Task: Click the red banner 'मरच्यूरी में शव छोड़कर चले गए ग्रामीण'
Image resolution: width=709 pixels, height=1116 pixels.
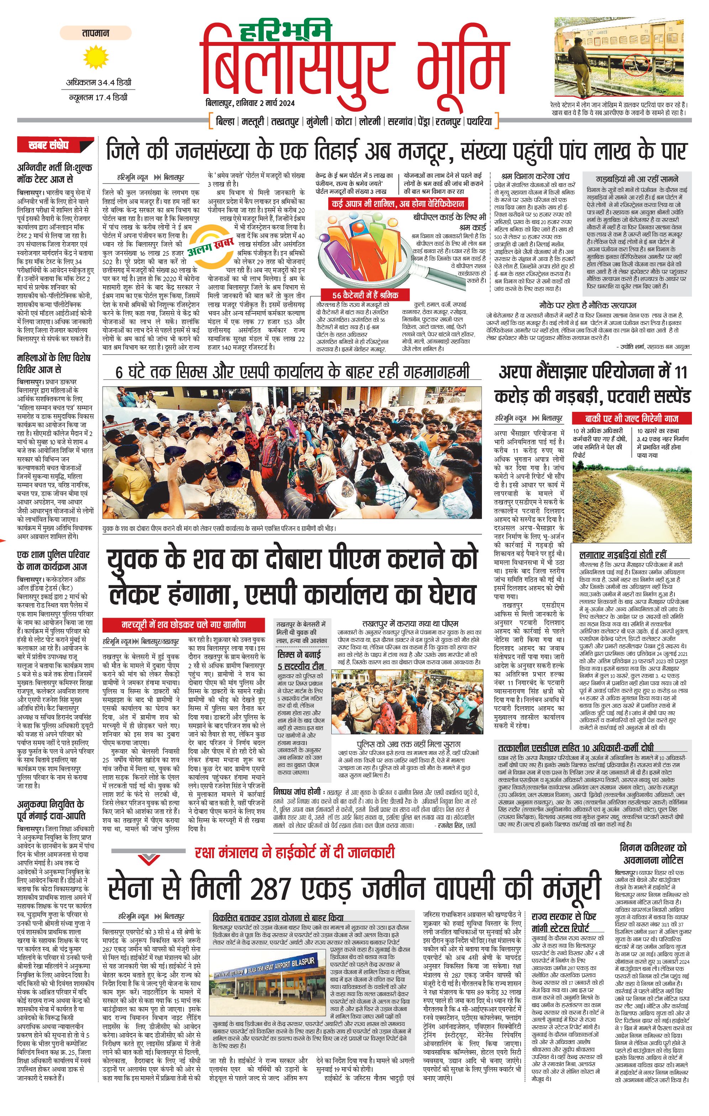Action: (x=184, y=624)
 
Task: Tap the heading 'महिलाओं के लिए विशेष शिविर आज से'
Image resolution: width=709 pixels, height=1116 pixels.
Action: (x=53, y=363)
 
